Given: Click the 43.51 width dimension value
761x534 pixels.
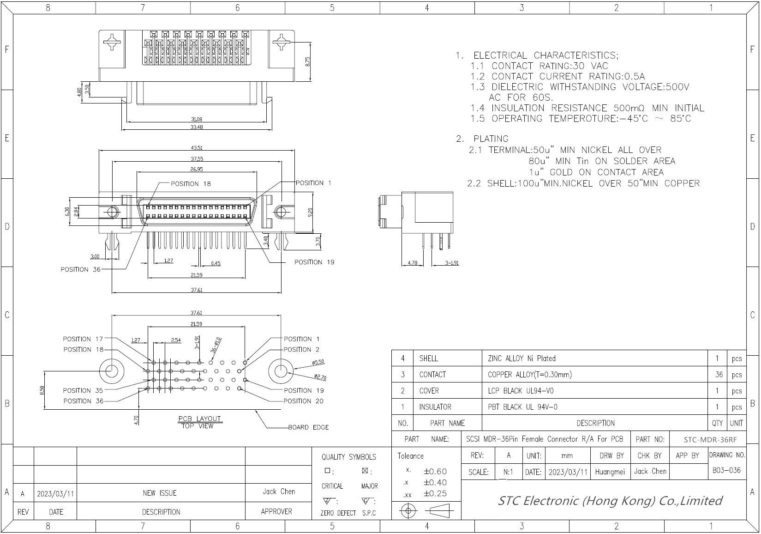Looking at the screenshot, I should [197, 148].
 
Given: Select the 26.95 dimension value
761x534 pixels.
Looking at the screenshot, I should [197, 169].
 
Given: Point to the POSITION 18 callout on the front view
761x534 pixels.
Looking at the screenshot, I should [191, 184].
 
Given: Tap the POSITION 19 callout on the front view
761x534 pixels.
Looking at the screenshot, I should [314, 262].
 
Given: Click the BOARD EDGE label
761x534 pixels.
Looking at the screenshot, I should [308, 427].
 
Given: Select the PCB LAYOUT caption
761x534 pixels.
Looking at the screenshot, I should [199, 419].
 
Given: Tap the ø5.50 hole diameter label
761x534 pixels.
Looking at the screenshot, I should [318, 363].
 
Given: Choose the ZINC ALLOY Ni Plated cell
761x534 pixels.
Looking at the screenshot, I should [521, 358].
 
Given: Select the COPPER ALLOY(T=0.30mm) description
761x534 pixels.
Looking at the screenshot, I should [529, 375].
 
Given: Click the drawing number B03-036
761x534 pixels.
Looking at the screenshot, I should [726, 471].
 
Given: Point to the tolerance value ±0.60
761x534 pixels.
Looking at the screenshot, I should [435, 472].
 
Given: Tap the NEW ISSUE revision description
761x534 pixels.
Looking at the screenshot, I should [160, 493].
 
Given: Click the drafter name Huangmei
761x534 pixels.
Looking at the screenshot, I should [610, 472].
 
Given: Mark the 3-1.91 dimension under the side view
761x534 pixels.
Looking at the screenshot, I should [452, 263].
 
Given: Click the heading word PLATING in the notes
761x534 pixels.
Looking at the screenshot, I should [491, 139].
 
